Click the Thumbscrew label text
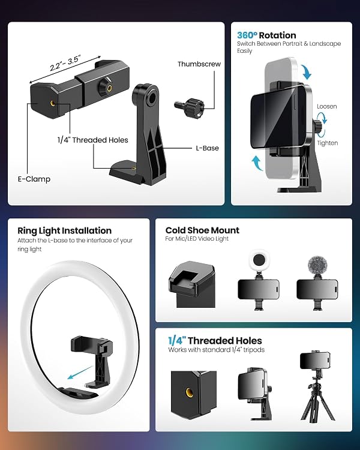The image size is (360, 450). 199,64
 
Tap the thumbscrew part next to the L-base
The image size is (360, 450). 189,106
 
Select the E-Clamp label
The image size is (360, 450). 34,179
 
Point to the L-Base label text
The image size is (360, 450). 207,148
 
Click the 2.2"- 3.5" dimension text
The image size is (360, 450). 65,63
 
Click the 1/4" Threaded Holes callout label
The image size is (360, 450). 93,140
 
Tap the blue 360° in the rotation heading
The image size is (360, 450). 247,35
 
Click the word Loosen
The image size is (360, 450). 326,106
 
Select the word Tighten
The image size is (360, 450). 327,143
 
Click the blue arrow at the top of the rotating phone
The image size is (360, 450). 306,72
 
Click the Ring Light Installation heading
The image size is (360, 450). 64,231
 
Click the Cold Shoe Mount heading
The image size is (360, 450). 202,230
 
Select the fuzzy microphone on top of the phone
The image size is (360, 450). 317,265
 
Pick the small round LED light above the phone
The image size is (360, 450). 259,260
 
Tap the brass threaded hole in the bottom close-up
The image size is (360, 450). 189,392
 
